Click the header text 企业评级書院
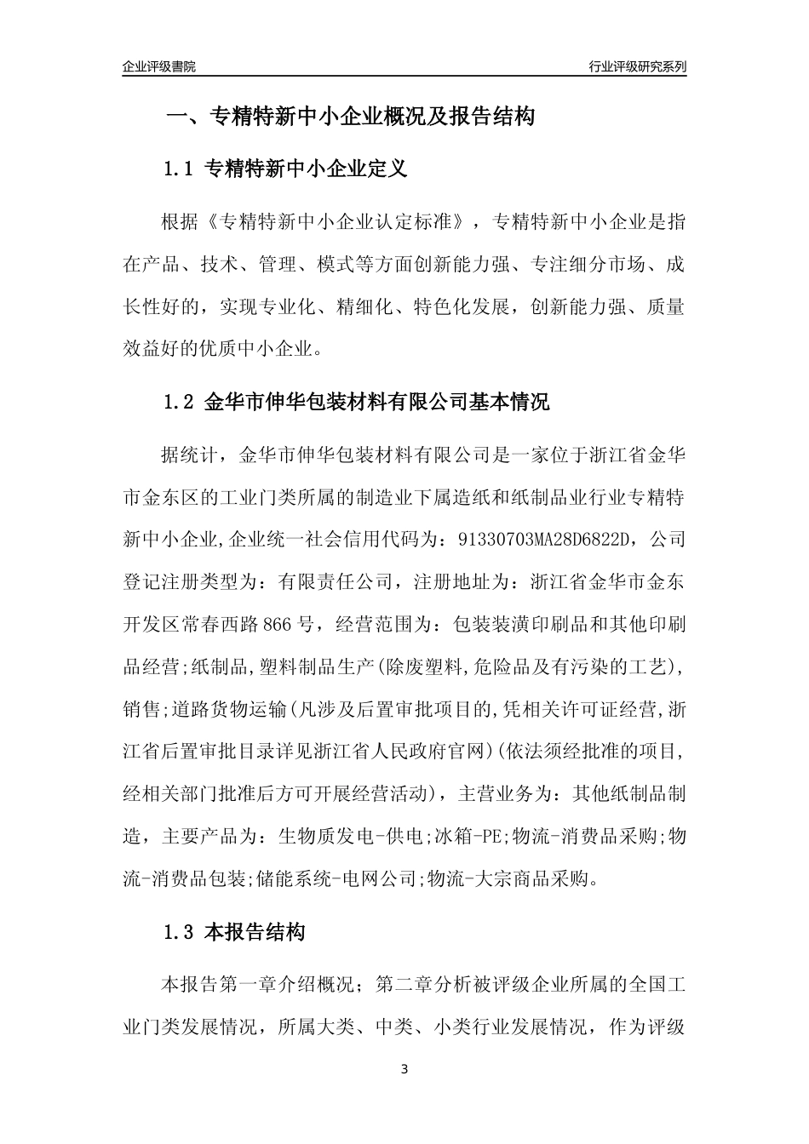[159, 66]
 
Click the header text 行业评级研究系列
[637, 66]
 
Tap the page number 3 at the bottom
[404, 1069]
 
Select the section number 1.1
[179, 169]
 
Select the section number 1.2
[179, 402]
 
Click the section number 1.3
[179, 933]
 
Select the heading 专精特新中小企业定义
[307, 169]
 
